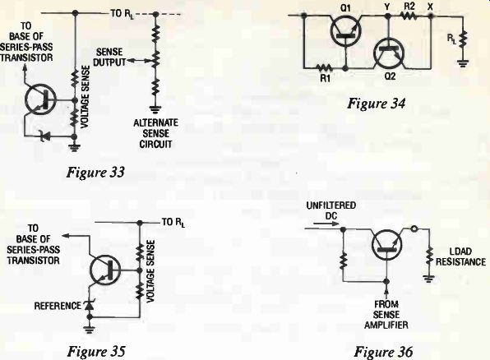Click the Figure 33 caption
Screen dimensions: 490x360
tap(95, 172)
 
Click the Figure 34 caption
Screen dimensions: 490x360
tap(376, 104)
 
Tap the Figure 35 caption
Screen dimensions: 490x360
tap(96, 352)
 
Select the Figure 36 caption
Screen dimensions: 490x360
tap(383, 352)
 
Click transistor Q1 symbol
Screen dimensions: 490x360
tap(345, 31)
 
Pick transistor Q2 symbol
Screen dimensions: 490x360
tap(390, 53)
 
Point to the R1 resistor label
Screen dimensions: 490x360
tap(325, 78)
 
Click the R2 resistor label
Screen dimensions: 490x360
tap(409, 7)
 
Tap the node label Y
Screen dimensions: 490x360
tap(387, 7)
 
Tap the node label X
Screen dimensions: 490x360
tap(430, 7)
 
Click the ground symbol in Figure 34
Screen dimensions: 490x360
tap(463, 63)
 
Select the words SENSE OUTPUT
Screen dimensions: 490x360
tap(109, 57)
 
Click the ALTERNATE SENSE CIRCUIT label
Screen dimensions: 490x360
tap(155, 133)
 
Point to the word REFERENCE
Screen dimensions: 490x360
tap(58, 306)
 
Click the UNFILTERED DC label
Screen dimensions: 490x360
tap(331, 210)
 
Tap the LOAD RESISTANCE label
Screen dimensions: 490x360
tap(460, 256)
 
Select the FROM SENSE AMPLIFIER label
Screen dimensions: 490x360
tap(386, 314)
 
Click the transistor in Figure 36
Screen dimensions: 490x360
tap(386, 245)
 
